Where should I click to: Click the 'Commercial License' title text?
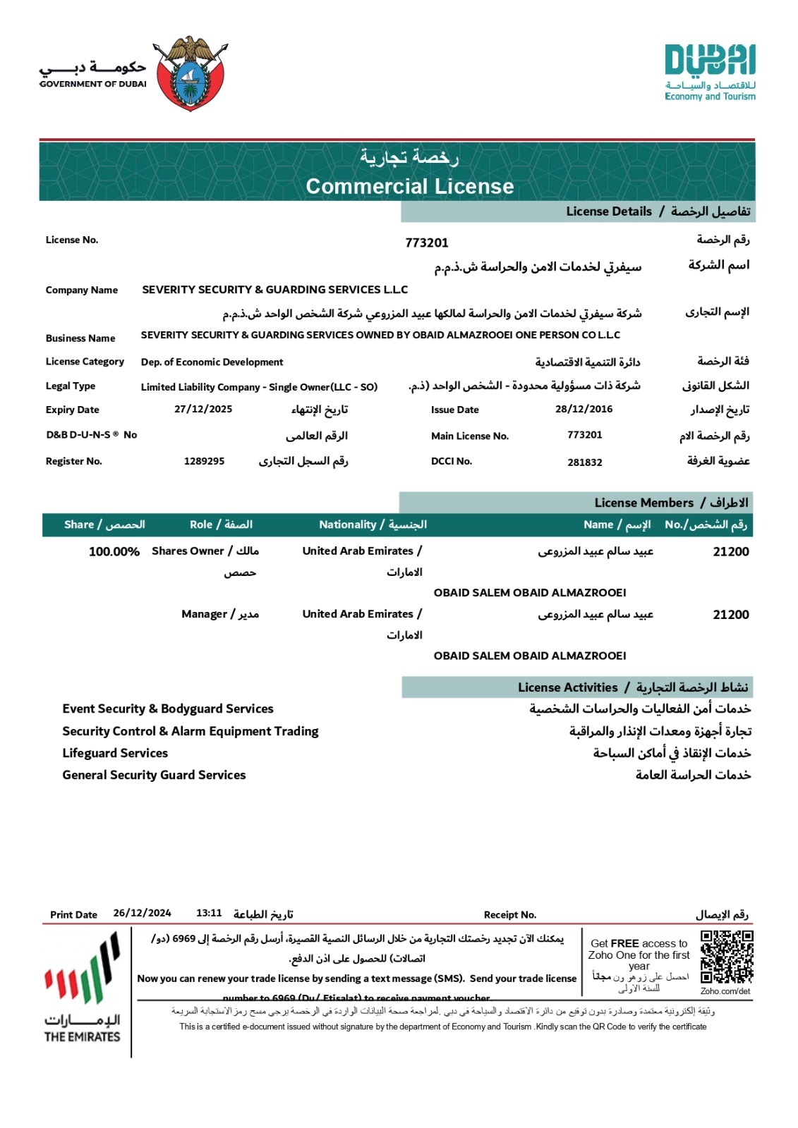point(410,186)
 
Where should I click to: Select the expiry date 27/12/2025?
point(203,409)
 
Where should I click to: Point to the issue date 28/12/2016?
point(584,409)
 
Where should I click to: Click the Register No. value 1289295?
point(204,461)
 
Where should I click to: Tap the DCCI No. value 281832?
point(585,462)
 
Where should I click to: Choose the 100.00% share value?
point(114,551)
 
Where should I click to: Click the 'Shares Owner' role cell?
point(205,551)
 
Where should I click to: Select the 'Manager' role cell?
point(219,614)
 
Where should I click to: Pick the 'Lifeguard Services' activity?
point(115,753)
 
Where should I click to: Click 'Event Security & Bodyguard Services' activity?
point(168,709)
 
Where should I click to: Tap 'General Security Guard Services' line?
point(154,775)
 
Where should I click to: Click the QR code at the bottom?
point(727,957)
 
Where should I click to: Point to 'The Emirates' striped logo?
point(83,987)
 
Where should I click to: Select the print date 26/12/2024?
point(142,913)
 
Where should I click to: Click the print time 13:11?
point(209,913)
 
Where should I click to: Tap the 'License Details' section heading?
point(609,211)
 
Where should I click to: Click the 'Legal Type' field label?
point(71,386)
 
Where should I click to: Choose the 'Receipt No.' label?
point(510,914)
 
